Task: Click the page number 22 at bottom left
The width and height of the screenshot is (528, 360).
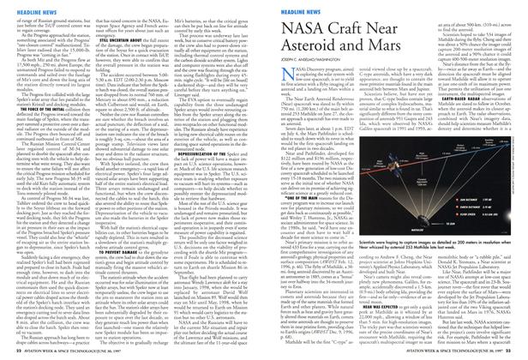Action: pyautogui.click(x=9, y=352)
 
